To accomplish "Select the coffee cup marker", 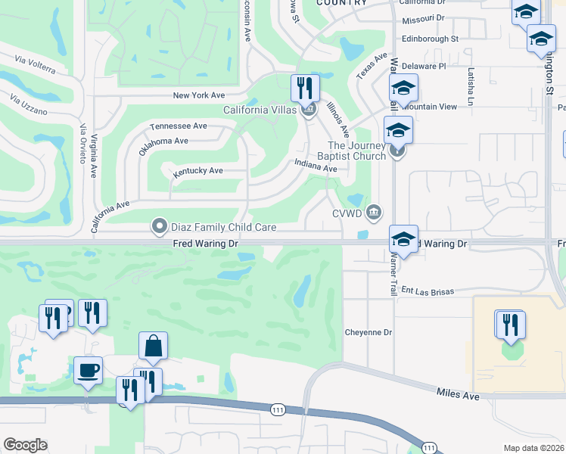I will click(x=88, y=371).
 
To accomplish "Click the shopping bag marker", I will click(x=153, y=346).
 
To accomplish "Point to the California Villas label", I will click(x=259, y=110).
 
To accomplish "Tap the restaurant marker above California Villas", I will click(x=306, y=89).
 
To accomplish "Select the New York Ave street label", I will click(x=199, y=95).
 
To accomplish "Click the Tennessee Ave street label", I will click(x=179, y=126).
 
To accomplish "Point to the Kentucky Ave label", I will click(x=197, y=171).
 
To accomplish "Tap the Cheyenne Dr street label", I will click(x=369, y=332).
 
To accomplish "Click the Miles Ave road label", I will click(x=458, y=394).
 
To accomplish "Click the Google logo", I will click(x=25, y=445).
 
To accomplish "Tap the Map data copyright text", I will click(x=533, y=448).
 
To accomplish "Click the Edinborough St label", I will click(x=430, y=39).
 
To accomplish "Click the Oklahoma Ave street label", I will click(x=163, y=141).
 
